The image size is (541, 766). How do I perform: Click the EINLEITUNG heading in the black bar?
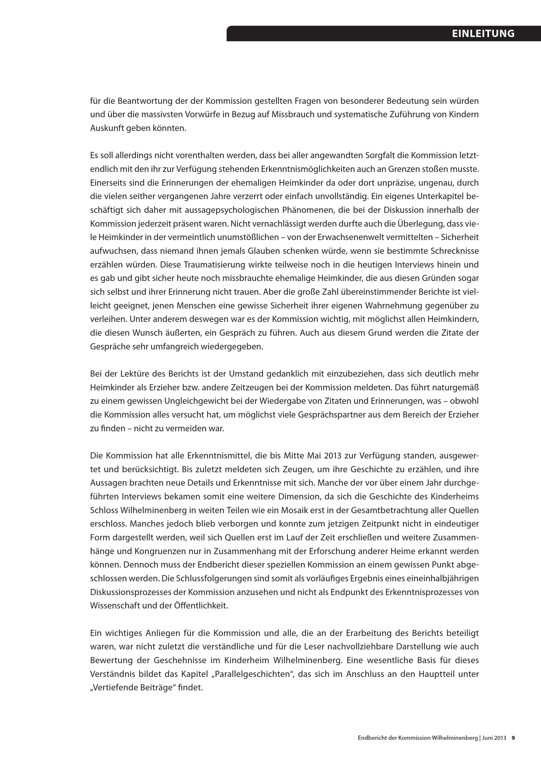tap(483, 34)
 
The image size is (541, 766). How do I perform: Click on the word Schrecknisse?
tap(454, 251)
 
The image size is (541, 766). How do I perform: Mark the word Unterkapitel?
tap(429, 196)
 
